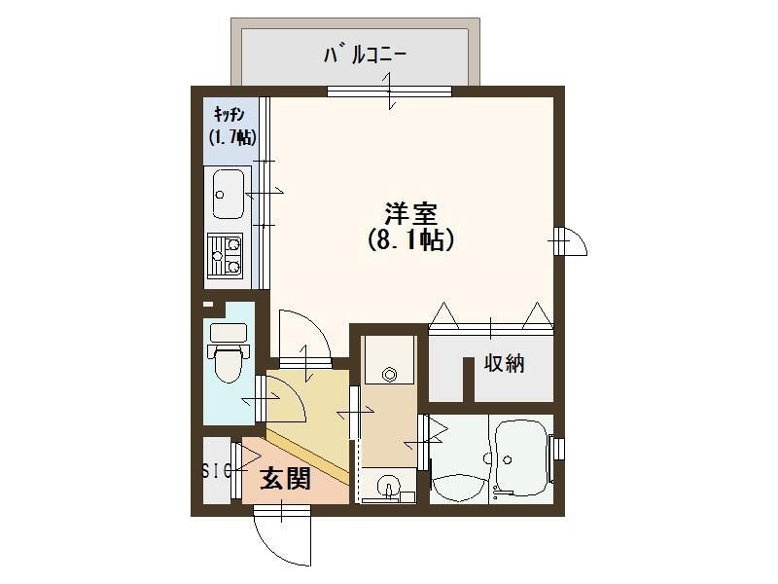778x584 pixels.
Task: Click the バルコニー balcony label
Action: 365,55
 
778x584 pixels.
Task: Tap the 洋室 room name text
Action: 410,213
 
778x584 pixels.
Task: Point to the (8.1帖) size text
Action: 410,239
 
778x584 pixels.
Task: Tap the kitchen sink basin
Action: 229,194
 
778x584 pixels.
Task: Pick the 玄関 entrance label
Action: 286,478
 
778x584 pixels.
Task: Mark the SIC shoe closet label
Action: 216,472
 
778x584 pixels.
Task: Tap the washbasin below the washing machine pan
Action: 390,488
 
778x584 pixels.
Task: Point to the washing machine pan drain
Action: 390,373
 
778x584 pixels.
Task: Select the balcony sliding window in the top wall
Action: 389,91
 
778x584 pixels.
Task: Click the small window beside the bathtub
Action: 557,448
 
